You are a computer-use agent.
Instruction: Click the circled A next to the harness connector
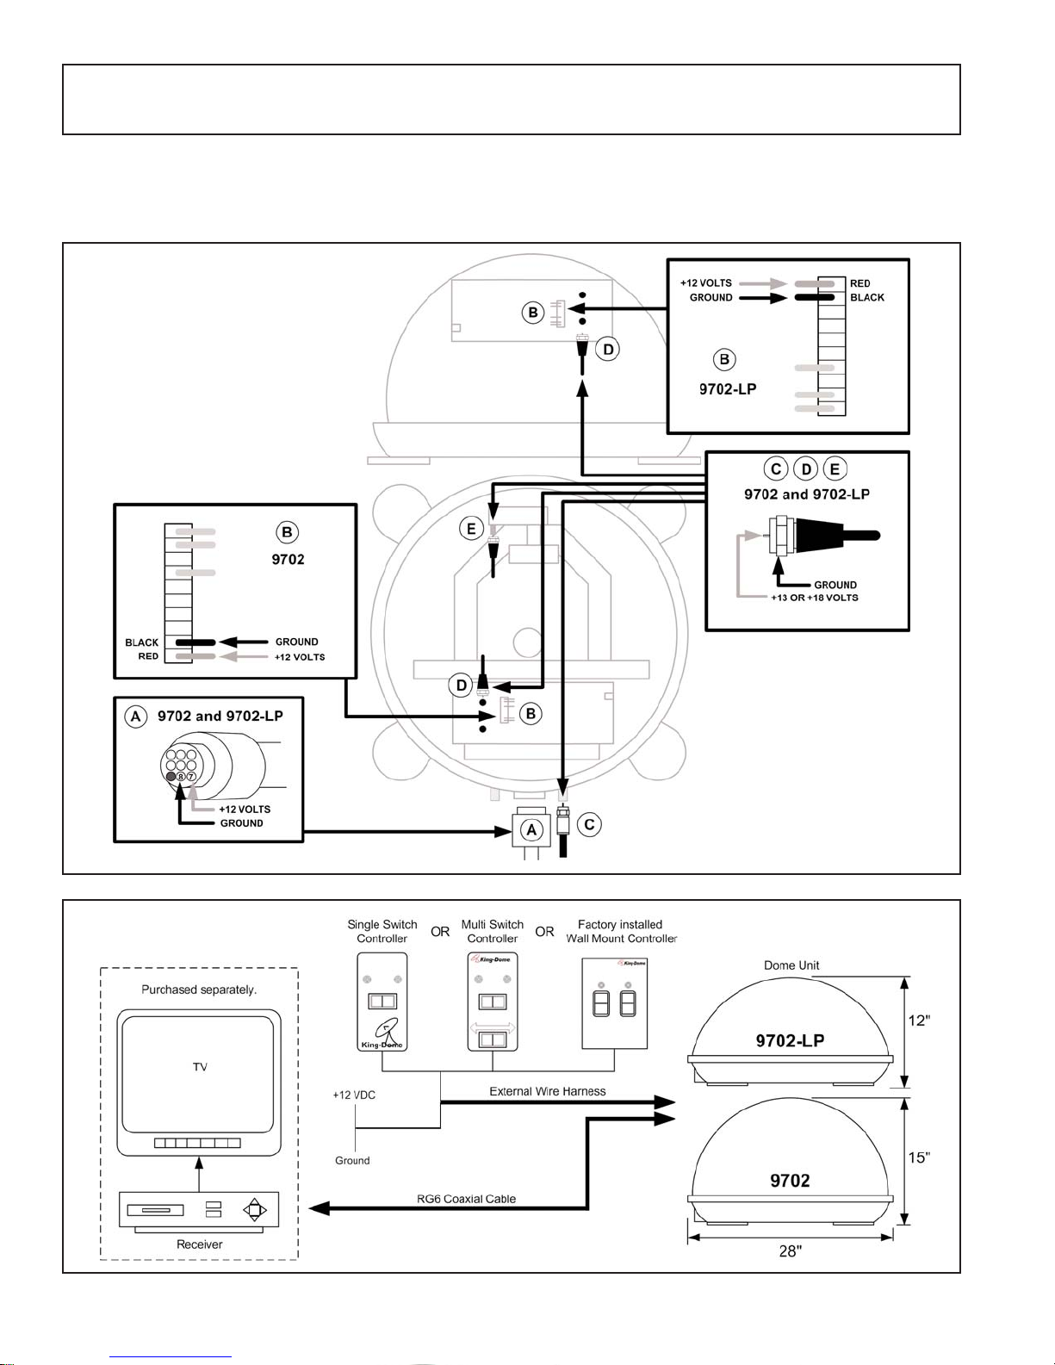point(531,830)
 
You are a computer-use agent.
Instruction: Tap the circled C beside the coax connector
point(589,825)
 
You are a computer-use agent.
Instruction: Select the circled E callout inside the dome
point(471,528)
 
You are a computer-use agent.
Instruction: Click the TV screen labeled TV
point(200,1068)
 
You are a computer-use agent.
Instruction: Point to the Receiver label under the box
point(199,1244)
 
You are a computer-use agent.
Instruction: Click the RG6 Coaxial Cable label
point(466,1199)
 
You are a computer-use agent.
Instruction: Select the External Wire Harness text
point(547,1091)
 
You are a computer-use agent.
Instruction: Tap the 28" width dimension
point(790,1251)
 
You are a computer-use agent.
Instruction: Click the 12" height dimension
point(919,1021)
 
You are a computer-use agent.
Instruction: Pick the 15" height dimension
point(919,1158)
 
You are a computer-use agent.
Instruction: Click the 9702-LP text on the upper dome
point(790,1040)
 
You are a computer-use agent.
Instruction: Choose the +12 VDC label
point(354,1095)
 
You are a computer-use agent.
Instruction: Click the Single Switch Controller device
point(382,1002)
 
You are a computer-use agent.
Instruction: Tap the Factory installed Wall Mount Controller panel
point(614,1002)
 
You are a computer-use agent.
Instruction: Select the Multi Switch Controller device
point(492,1002)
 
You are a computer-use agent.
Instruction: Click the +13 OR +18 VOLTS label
point(814,598)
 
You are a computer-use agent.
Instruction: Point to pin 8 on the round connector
point(181,777)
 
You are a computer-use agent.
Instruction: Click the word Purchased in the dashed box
point(170,990)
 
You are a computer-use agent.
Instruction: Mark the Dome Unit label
point(791,965)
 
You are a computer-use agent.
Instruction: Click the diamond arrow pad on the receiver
point(255,1210)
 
